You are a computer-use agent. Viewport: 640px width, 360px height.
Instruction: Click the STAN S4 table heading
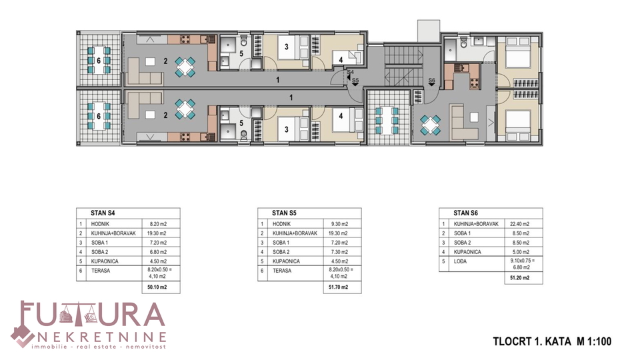103,213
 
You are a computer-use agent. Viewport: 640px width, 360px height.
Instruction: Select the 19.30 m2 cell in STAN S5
339,233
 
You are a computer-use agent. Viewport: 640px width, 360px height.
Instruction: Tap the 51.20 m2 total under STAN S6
519,278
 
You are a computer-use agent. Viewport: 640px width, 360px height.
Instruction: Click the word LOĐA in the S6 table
460,261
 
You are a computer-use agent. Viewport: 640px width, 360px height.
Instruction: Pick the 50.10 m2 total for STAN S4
157,287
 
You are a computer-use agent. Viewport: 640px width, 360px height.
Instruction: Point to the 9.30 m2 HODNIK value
340,224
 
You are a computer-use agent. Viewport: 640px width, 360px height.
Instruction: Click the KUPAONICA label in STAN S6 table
467,252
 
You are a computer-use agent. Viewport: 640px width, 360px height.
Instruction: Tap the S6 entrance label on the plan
432,81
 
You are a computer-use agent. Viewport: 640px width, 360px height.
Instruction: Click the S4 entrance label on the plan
350,72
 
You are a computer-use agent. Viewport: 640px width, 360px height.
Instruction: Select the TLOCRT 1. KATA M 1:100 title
552,341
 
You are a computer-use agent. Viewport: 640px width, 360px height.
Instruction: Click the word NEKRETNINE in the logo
101,337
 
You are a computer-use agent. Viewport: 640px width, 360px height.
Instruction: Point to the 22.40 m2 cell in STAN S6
519,224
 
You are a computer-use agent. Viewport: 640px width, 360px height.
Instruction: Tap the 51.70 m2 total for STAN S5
339,287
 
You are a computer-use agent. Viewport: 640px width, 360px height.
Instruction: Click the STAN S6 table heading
466,213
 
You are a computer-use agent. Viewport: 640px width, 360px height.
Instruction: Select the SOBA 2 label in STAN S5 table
281,252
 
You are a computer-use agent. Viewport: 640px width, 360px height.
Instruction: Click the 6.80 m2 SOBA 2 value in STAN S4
159,252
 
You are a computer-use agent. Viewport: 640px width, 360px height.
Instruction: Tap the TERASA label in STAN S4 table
101,271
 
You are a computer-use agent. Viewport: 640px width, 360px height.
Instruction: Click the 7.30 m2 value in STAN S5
340,252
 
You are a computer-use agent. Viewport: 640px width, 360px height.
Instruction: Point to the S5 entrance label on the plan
355,81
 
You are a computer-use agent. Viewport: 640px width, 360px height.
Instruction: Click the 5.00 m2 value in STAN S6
521,252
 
